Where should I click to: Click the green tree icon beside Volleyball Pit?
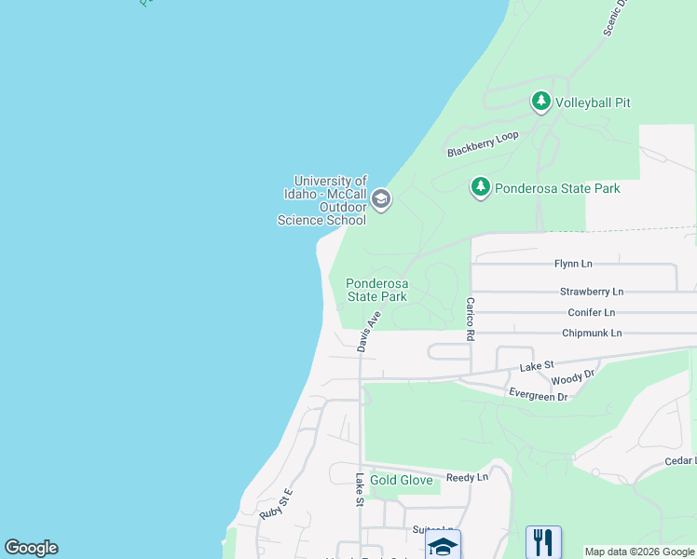(x=540, y=101)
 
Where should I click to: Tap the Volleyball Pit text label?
(x=593, y=102)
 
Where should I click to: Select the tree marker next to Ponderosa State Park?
(x=480, y=187)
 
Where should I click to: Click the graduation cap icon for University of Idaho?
(x=380, y=198)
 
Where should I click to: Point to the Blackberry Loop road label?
(x=482, y=144)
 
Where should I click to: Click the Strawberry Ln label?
(x=592, y=292)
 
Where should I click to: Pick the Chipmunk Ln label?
(x=591, y=333)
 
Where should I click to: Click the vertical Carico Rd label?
(x=471, y=319)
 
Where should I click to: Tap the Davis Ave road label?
(x=369, y=331)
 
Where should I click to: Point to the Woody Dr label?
(x=572, y=377)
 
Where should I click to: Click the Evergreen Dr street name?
(x=538, y=396)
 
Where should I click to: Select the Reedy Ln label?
(x=467, y=477)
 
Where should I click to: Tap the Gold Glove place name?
(x=402, y=480)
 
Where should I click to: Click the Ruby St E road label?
(x=276, y=504)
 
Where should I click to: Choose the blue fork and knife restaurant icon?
(x=542, y=541)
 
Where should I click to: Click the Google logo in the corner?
(x=31, y=548)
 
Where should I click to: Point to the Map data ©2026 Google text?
(x=639, y=552)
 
